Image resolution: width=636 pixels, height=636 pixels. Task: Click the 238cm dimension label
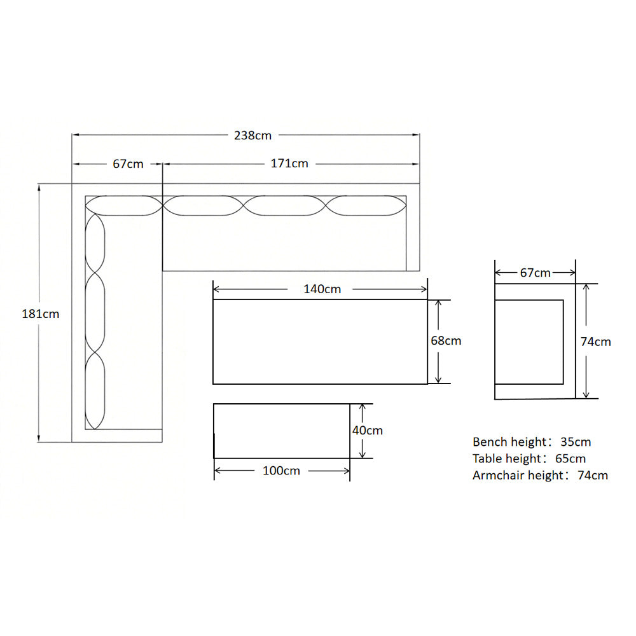252,135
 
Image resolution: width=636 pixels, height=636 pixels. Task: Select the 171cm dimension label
289,163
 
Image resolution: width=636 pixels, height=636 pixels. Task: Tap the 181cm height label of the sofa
41,314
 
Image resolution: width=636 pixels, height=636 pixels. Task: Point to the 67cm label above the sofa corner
128,164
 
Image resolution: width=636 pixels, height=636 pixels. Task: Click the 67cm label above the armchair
536,273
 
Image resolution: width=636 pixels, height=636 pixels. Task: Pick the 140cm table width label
322,289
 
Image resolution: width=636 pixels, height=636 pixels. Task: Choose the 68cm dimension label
446,341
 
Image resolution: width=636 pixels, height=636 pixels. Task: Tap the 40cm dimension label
368,431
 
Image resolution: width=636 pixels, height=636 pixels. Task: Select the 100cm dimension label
282,471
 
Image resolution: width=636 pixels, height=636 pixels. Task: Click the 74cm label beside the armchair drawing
596,342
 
